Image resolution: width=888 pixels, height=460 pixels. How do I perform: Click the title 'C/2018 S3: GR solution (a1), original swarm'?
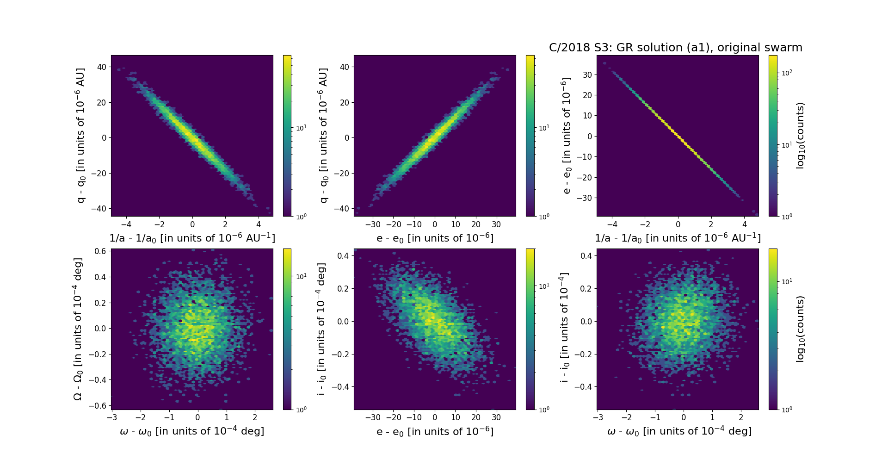(675, 48)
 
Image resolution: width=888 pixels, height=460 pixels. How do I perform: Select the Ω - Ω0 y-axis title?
(78, 329)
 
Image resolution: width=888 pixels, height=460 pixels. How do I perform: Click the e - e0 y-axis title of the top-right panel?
(566, 136)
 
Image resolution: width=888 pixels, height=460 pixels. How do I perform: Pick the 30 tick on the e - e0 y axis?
(587, 75)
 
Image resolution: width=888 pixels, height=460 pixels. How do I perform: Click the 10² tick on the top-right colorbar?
(786, 73)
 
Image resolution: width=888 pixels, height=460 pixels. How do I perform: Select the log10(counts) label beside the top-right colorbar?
(800, 136)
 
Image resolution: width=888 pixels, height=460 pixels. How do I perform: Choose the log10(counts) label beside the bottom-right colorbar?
(800, 329)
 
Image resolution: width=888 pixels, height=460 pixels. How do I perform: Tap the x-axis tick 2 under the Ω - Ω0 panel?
(255, 417)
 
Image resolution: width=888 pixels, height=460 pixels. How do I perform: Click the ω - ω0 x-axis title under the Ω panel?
(192, 431)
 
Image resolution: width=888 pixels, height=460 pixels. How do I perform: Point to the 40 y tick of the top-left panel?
(101, 67)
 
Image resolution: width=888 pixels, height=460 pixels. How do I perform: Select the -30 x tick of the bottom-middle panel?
(373, 417)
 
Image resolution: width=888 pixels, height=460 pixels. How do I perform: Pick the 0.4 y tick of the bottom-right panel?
(586, 256)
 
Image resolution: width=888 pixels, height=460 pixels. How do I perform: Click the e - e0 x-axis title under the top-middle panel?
(435, 238)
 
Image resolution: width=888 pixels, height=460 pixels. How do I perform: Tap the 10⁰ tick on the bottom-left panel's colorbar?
(301, 410)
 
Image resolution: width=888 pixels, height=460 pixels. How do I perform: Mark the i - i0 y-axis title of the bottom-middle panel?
(321, 329)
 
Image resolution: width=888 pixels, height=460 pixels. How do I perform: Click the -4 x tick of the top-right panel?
(612, 224)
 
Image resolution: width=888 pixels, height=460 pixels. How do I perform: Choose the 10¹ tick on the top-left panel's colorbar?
(301, 127)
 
